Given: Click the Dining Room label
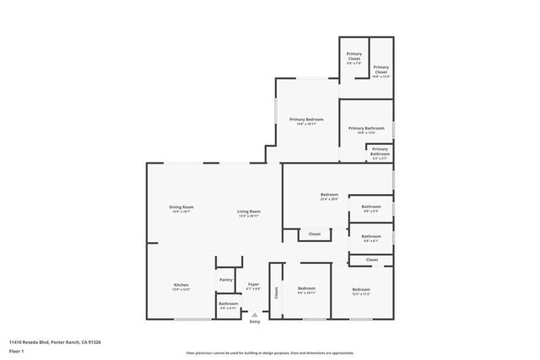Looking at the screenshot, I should (181, 209).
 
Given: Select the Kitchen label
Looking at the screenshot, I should (181, 287).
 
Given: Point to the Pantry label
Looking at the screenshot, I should (226, 280).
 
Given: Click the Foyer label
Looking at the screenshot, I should (253, 287).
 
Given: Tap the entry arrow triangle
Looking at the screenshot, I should (255, 315).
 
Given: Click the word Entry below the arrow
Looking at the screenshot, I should (255, 322).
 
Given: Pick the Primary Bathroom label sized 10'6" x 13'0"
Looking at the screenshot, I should (366, 130).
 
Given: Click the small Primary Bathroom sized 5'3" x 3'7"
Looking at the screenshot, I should (380, 153).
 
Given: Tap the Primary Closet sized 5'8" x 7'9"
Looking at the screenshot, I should (354, 57).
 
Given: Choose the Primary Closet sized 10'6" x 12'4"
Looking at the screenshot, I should (381, 69).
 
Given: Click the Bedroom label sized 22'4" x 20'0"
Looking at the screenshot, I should (329, 196).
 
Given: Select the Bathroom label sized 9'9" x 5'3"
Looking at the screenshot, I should (371, 208).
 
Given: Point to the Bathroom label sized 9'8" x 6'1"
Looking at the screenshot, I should (371, 238).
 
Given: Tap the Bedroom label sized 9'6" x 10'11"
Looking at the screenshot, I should (306, 291).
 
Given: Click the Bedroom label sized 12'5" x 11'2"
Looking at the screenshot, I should (361, 291).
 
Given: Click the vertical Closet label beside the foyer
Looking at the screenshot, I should (276, 292).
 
